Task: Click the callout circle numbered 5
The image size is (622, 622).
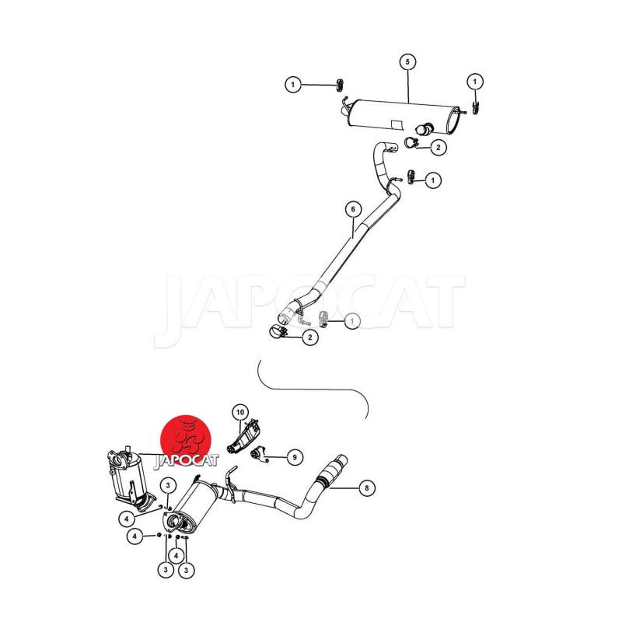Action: [x=407, y=62]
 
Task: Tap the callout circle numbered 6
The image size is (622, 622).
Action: [x=354, y=209]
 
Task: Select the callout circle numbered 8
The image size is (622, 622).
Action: [x=366, y=488]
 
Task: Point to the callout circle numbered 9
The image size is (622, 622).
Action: [x=295, y=457]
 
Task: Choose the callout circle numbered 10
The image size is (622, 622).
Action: [x=240, y=413]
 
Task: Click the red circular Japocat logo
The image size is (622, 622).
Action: [x=186, y=439]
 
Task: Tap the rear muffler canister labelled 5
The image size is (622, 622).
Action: [x=403, y=118]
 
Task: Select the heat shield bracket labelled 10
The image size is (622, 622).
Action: [x=243, y=437]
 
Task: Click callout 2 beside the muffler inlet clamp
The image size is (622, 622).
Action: [x=438, y=148]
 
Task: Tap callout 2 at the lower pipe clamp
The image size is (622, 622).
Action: [x=309, y=337]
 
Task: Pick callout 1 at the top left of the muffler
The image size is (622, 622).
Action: [x=293, y=85]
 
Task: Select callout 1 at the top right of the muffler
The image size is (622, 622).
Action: [x=475, y=82]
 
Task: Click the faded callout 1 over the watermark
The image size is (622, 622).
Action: [x=352, y=320]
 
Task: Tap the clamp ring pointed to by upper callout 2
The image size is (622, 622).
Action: [x=411, y=142]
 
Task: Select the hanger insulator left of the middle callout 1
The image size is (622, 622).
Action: [x=411, y=177]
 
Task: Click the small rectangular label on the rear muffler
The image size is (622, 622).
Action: [x=397, y=124]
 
